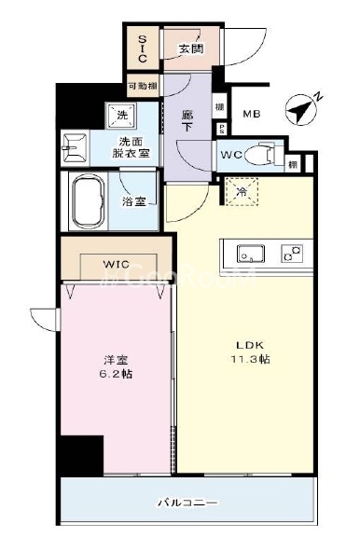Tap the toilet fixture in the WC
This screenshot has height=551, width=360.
pos(264,154)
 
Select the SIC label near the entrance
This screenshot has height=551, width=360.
pos(143,48)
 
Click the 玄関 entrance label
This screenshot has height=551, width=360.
pos(191,48)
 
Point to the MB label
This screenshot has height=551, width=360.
pos(252,115)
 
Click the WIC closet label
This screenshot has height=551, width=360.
pos(117,265)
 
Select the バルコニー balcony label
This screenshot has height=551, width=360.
pos(187,503)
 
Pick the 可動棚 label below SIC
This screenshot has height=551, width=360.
pos(142,87)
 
